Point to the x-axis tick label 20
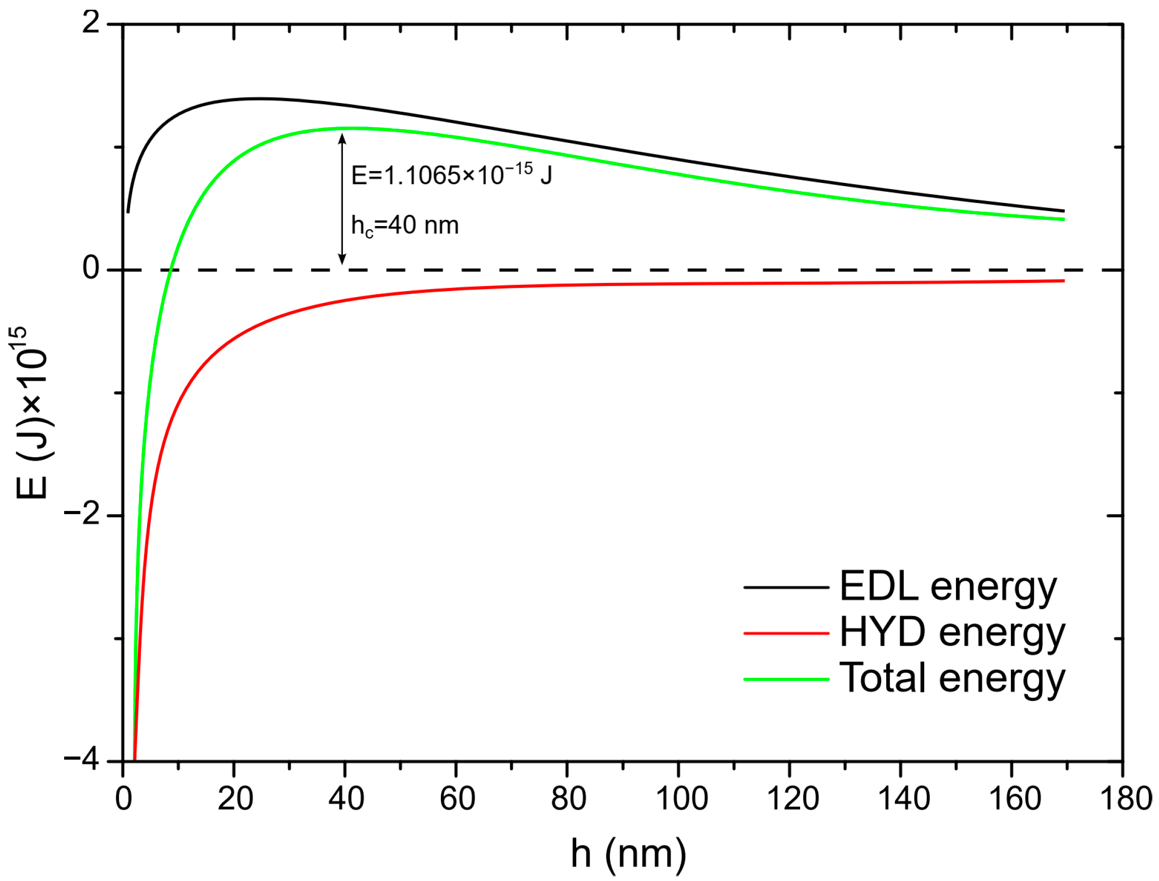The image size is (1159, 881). [235, 799]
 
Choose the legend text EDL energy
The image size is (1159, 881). [948, 587]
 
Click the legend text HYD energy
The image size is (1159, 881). [952, 633]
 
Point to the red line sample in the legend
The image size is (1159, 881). [786, 633]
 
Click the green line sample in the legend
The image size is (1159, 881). [786, 679]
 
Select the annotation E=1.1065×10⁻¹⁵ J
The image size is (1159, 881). [452, 175]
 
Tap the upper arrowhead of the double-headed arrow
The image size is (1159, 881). [342, 138]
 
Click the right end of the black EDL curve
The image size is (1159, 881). [1064, 211]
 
